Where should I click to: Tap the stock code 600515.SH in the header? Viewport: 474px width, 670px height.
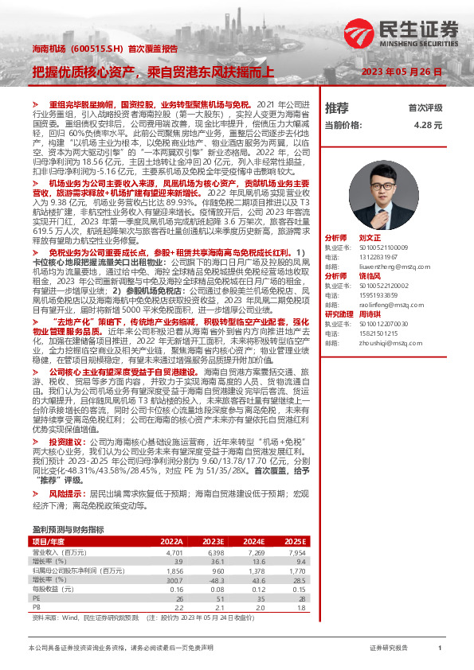97,49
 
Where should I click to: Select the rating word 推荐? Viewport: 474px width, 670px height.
337,107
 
